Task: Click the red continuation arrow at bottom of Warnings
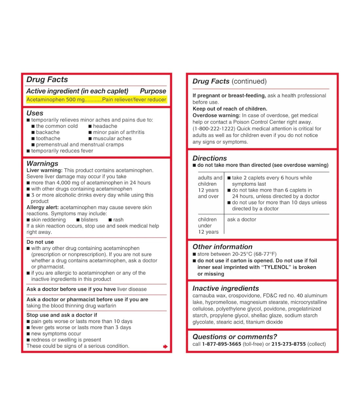[165, 346]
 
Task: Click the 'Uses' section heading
[35, 113]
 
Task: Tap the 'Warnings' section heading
[42, 163]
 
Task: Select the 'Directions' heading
[209, 158]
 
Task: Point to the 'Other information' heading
[222, 247]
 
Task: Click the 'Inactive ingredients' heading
[225, 288]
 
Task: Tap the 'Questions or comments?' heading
[235, 337]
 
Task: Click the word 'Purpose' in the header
[153, 91]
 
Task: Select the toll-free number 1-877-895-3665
[222, 344]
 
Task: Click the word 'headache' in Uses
[105, 126]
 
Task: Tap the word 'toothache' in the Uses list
[48, 138]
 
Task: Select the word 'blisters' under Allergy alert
[89, 220]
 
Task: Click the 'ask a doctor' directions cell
[242, 219]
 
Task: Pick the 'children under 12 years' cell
[208, 226]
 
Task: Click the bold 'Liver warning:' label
[44, 170]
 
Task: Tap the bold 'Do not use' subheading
[40, 242]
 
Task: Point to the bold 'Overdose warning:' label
[216, 115]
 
